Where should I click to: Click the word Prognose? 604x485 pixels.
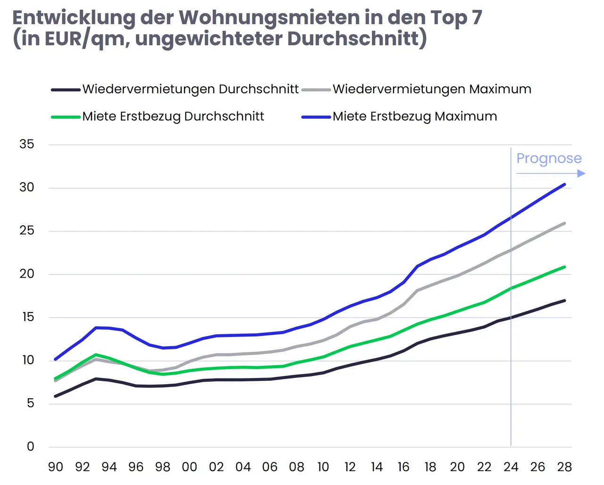coord(549,158)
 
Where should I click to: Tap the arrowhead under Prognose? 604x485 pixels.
coord(581,173)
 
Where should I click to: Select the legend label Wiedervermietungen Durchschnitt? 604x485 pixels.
coord(190,89)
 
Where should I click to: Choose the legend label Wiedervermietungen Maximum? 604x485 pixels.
coord(432,89)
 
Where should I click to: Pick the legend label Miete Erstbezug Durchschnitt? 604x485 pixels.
coord(173,116)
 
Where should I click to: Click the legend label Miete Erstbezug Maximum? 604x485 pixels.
coord(415,116)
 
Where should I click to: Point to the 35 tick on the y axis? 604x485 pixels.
coord(27,144)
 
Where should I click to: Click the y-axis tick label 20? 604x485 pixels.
coord(27,274)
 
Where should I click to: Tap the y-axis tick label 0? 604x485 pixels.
coord(31,446)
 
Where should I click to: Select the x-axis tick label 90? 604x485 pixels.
coord(56,467)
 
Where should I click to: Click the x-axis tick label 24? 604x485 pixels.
coord(511,467)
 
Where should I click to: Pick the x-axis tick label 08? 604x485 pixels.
coord(296,467)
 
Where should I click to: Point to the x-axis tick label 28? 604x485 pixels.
coord(564,467)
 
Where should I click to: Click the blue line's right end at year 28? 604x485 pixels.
coord(564,184)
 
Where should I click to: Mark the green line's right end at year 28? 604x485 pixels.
coord(564,267)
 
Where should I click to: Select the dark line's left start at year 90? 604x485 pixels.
coord(56,396)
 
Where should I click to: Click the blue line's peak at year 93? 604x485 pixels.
coord(96,328)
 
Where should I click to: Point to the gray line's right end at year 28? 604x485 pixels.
coord(564,223)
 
